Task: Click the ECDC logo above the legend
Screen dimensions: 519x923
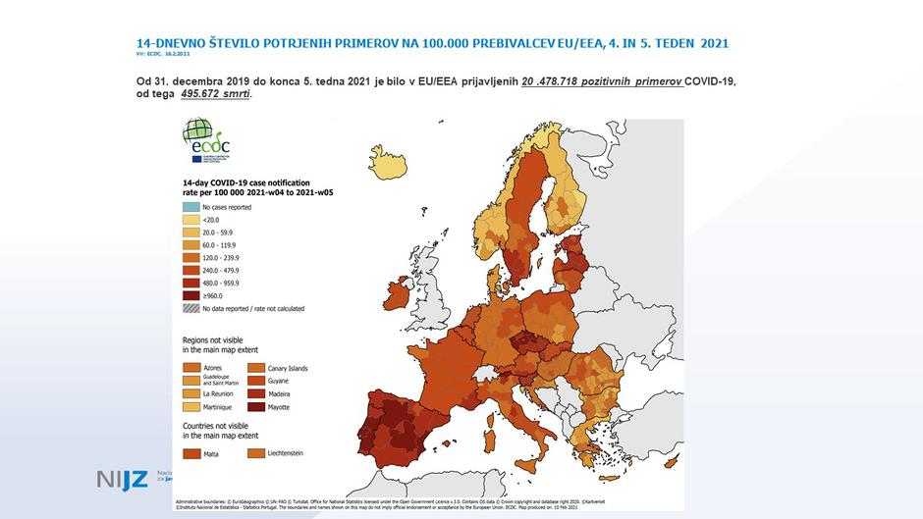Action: (198, 140)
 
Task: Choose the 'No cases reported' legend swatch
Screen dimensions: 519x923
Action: (190, 208)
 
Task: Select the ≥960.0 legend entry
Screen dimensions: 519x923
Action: (213, 295)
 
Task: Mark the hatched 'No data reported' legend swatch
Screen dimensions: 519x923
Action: (190, 308)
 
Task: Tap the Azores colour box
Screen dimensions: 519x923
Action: (190, 368)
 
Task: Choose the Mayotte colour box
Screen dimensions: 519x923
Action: (255, 406)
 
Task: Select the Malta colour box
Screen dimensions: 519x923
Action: (190, 454)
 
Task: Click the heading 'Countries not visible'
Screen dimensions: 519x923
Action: (221, 426)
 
